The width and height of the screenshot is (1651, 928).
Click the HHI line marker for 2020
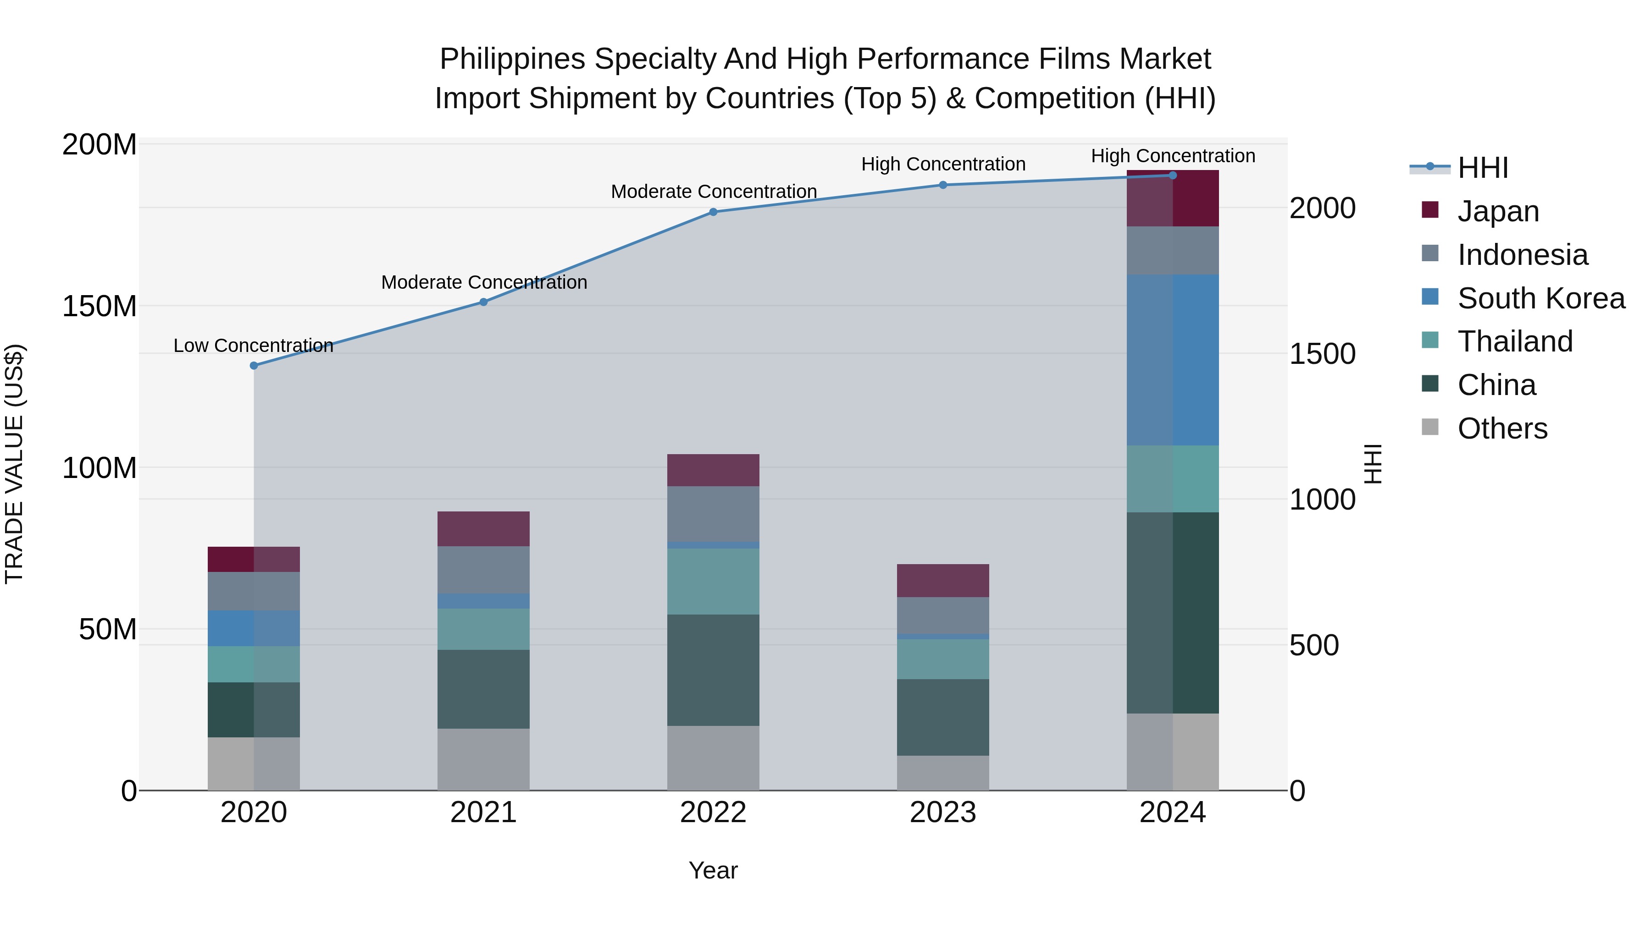coord(254,366)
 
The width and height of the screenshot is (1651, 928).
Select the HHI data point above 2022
coord(713,212)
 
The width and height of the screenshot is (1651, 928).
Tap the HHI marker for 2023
coord(943,185)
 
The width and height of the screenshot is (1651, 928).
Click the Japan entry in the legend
coord(1498,211)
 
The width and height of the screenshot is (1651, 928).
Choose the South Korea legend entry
coord(1541,298)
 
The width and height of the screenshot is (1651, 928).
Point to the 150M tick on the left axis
coord(100,306)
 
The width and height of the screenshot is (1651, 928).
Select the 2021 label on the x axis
coord(483,813)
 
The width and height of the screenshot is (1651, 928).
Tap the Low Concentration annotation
coord(253,346)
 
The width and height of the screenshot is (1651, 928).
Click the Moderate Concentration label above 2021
coord(484,282)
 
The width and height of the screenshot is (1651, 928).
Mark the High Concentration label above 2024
coord(1173,156)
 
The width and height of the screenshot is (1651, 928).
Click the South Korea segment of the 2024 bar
coord(1173,360)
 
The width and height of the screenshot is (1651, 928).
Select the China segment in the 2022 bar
coord(713,670)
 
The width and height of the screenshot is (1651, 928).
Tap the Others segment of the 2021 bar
coord(483,759)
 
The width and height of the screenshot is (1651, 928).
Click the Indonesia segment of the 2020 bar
coord(254,591)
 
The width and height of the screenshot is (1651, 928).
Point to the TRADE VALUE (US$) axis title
coord(14,464)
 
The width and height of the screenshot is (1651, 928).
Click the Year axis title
coord(713,871)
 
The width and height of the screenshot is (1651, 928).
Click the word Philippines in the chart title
coord(512,60)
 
